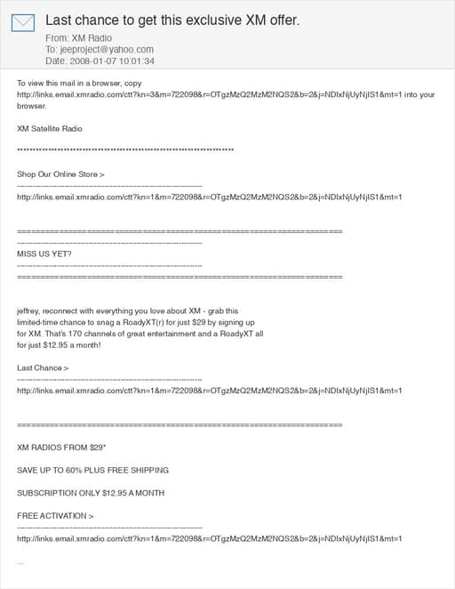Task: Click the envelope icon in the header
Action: tap(23, 22)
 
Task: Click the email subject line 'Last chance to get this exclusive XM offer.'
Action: tap(172, 20)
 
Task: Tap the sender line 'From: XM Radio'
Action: tap(77, 38)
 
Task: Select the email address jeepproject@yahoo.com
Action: tap(106, 50)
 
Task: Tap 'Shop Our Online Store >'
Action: tap(60, 174)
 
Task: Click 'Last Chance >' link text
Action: tap(43, 367)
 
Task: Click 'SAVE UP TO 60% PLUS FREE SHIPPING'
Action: tap(92, 470)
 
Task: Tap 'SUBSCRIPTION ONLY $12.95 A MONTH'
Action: tap(90, 493)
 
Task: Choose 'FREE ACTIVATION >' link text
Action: tap(55, 516)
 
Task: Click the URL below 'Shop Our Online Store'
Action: tap(210, 197)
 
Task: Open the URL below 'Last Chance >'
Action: tap(210, 391)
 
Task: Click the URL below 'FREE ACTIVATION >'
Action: tap(210, 538)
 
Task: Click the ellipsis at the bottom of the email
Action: tap(20, 562)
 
